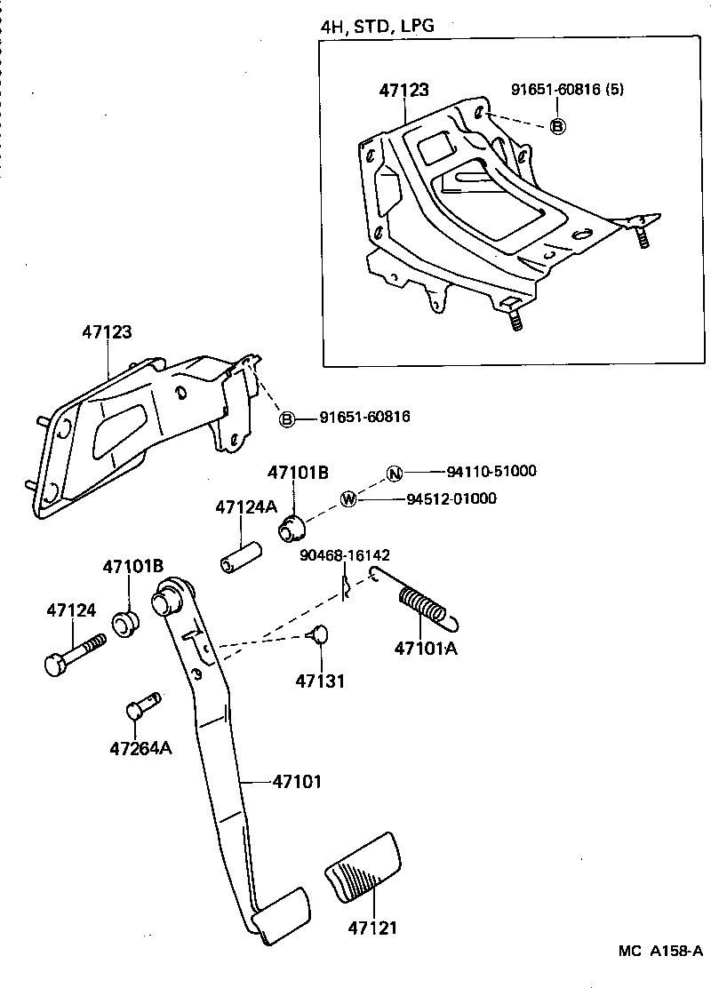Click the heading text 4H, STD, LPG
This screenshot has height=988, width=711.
pyautogui.click(x=378, y=26)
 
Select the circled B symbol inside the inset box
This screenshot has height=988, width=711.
pyautogui.click(x=557, y=126)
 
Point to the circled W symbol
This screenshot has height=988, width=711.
pyautogui.click(x=349, y=499)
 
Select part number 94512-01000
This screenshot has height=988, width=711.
pyautogui.click(x=464, y=498)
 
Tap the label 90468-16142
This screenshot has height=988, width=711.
pyautogui.click(x=345, y=555)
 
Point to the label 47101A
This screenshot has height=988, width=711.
pyautogui.click(x=426, y=648)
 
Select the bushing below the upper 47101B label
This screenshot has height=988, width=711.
pyautogui.click(x=290, y=528)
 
